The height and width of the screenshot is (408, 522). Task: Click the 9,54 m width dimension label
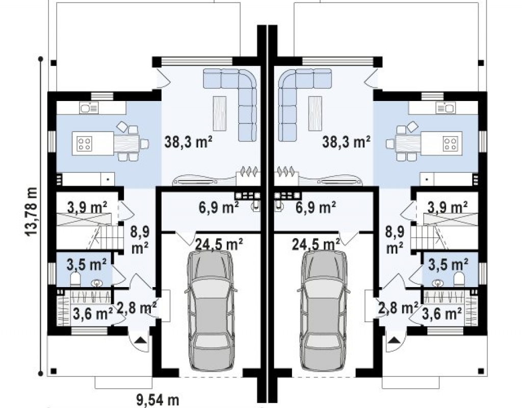click(158, 400)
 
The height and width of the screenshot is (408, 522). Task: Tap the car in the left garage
click(210, 311)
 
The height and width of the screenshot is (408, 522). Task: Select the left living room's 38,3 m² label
click(189, 142)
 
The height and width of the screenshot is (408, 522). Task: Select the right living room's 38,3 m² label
click(346, 142)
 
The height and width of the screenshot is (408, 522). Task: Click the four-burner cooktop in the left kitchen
click(84, 144)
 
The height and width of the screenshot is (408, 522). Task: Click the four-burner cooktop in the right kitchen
click(451, 144)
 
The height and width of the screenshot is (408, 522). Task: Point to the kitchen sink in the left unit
click(89, 108)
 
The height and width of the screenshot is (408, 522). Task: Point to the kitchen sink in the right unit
click(446, 108)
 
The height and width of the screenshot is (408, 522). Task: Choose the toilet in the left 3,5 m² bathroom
click(75, 279)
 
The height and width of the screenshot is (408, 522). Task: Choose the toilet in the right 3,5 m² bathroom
click(459, 279)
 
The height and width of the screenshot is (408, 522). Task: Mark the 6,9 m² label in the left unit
click(219, 208)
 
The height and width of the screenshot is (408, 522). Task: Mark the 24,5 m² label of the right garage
click(316, 244)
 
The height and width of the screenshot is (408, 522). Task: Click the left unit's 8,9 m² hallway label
click(140, 240)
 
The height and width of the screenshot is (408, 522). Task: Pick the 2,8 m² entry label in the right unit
click(398, 308)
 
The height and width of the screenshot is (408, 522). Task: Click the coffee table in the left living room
click(219, 114)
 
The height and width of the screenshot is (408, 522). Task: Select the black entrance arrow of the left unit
click(141, 340)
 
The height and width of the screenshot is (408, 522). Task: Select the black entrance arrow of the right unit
click(395, 340)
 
